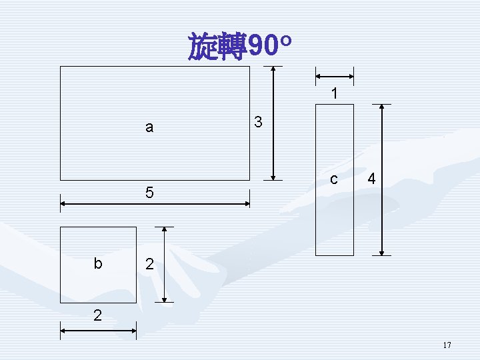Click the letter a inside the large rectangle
pos(149,127)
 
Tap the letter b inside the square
pos(98,263)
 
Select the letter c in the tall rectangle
pos(334,179)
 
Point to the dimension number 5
pos(149,193)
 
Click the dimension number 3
pos(259,123)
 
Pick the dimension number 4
pos(372,179)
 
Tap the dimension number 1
pos(334,95)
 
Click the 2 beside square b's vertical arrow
pos(149,265)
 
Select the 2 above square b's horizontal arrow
pos(97,315)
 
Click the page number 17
pos(447,345)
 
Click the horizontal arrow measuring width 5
pos(155,203)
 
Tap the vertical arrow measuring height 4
pos(381,179)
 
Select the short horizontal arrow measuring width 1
pos(334,76)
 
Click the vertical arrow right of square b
pos(164,264)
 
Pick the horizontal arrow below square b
pos(98,329)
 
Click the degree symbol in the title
pos(285,41)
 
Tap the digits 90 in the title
pos(263,47)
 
